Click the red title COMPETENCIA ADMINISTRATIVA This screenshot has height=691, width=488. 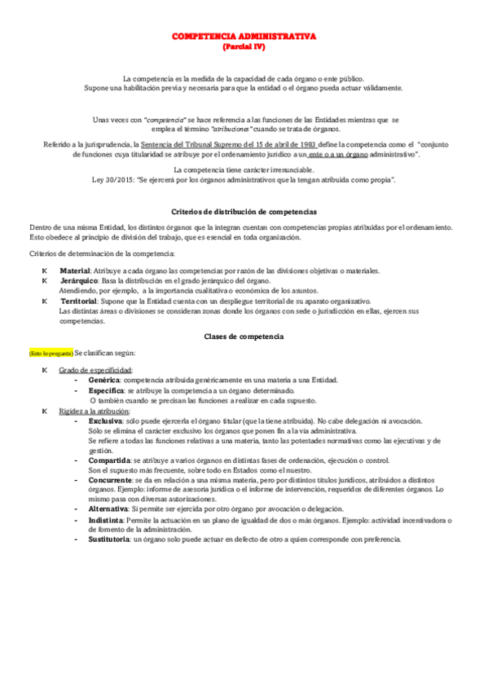click(x=244, y=37)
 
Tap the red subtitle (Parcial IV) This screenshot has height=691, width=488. click(x=244, y=47)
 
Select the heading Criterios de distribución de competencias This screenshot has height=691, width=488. click(x=244, y=212)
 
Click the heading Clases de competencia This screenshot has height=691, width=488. click(x=244, y=336)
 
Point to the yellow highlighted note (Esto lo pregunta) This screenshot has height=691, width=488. click(x=51, y=354)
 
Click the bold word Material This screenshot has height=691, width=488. click(x=75, y=271)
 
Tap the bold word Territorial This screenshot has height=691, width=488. click(x=79, y=301)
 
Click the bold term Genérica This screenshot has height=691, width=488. click(x=103, y=381)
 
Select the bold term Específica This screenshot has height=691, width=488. click(x=105, y=390)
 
